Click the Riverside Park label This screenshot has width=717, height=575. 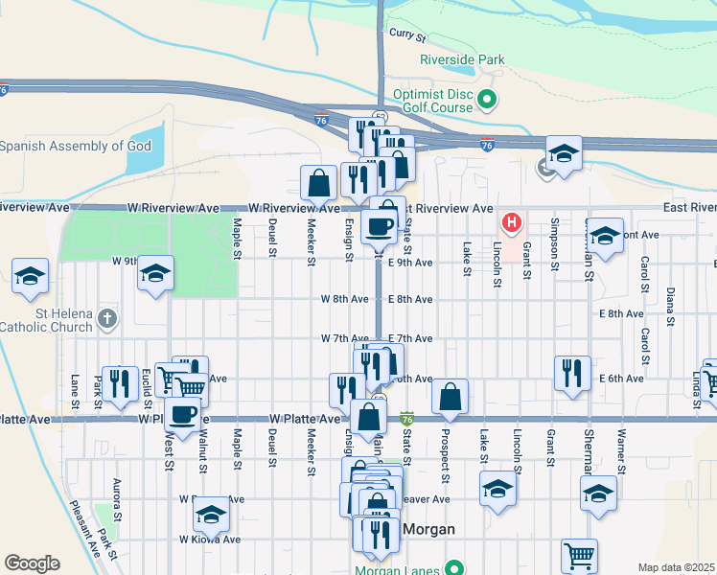[x=462, y=59]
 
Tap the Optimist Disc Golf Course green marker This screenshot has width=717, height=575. [x=487, y=98]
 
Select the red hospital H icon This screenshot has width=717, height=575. [x=512, y=224]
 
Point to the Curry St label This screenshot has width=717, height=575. [x=407, y=35]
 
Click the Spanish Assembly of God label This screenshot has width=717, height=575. [x=76, y=147]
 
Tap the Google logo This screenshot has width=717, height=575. [x=32, y=563]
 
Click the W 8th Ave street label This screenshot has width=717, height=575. [x=345, y=299]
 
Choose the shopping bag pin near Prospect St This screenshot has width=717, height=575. [x=450, y=396]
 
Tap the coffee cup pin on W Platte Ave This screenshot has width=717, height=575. [x=182, y=414]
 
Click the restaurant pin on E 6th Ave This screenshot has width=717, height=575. [x=572, y=372]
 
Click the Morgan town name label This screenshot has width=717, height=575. [x=428, y=530]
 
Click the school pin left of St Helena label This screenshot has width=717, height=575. [x=30, y=276]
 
